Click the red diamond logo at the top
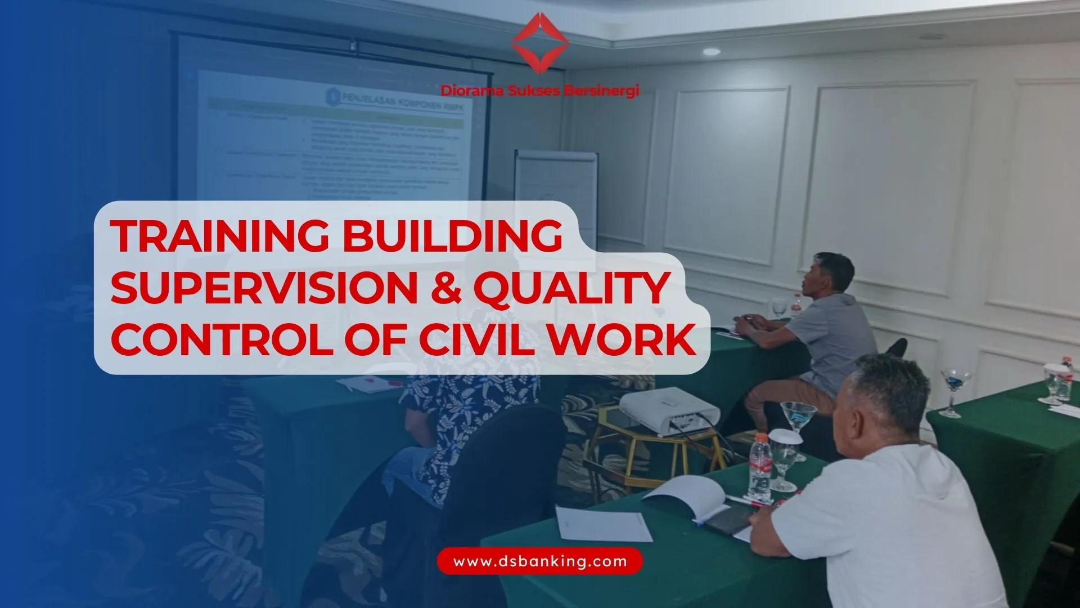point(540,44)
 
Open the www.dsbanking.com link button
point(540,561)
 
